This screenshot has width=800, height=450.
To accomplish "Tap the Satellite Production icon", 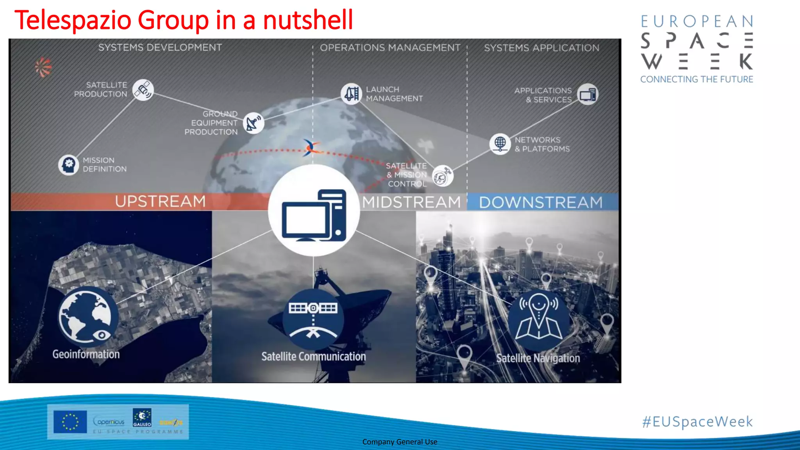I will (143, 90).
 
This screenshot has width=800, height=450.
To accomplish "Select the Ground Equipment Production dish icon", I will (254, 123).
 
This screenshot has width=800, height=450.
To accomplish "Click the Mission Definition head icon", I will (69, 164).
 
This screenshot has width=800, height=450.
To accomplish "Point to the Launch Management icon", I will (351, 94).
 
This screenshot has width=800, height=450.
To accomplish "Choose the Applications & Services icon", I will (587, 95).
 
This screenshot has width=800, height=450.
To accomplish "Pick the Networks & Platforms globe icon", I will (500, 144).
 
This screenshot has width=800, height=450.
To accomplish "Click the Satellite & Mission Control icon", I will (443, 176).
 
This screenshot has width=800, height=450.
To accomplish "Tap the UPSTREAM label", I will (160, 202).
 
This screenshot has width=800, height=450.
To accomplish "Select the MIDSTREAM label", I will (411, 202).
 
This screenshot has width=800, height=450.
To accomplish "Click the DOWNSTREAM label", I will (541, 202).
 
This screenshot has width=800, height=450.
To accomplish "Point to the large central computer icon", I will (314, 211).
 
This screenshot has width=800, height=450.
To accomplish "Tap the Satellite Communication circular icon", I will (313, 318).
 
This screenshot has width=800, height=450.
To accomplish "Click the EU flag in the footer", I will (70, 422).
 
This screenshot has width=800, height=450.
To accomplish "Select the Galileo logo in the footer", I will (142, 418).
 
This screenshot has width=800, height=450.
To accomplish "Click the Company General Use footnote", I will (400, 442).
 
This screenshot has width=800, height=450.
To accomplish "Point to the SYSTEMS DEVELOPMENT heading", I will (160, 48).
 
